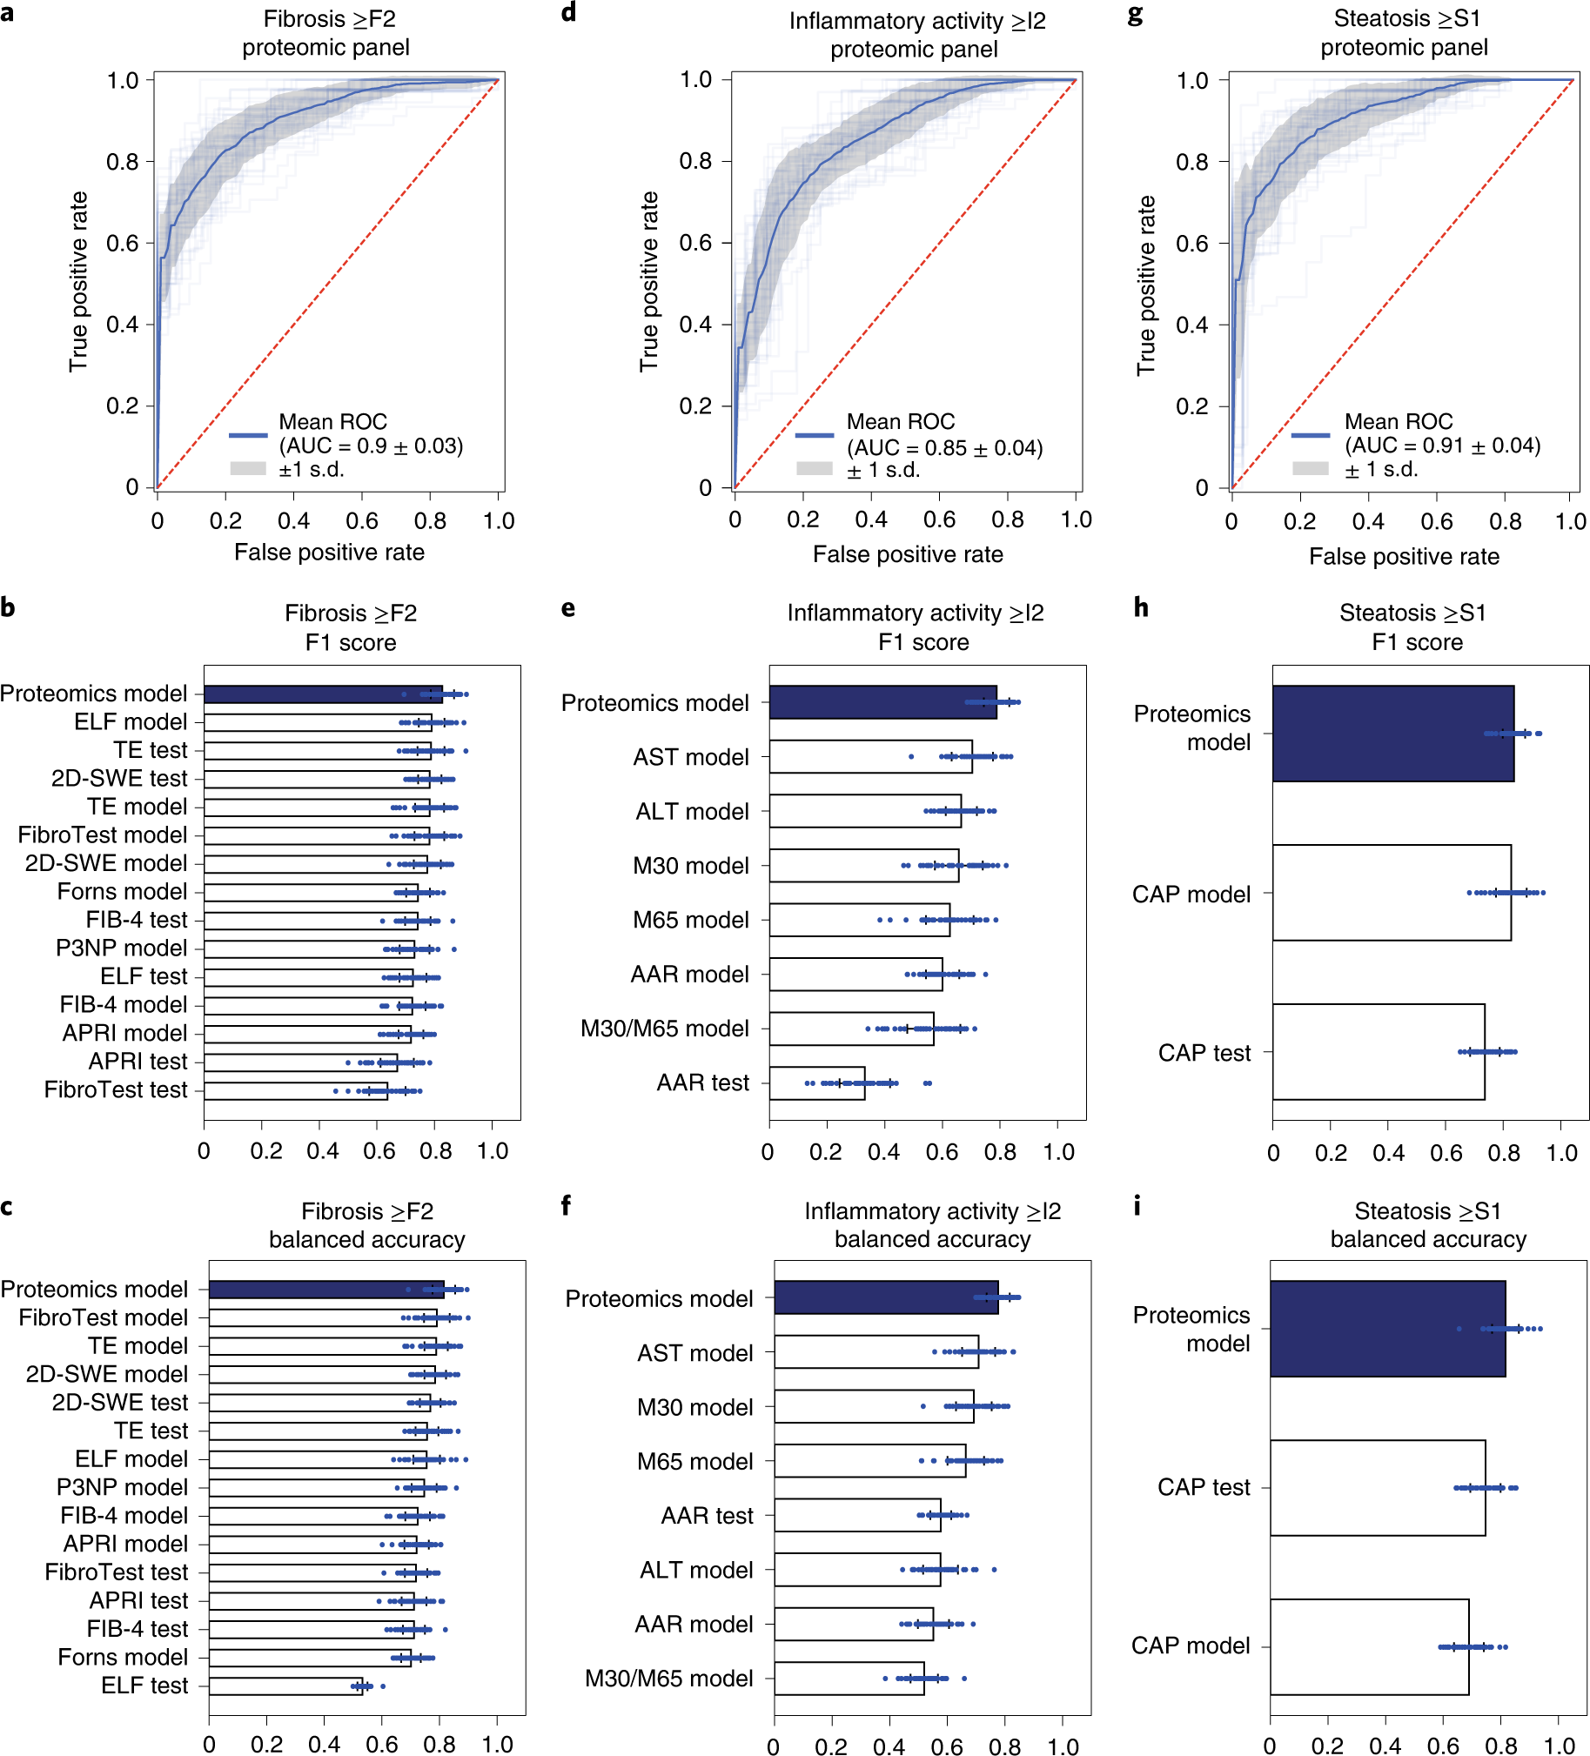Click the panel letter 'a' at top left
click(x=7, y=15)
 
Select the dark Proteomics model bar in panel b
click(x=322, y=694)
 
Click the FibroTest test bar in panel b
click(x=295, y=1090)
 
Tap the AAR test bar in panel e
click(x=816, y=1082)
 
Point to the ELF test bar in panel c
click(x=285, y=1686)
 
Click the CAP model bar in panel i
click(x=1369, y=1646)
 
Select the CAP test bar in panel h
click(x=1379, y=1052)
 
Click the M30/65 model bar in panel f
click(x=849, y=1679)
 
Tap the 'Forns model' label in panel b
click(x=122, y=892)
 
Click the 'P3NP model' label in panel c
click(x=122, y=1488)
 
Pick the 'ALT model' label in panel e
click(x=692, y=812)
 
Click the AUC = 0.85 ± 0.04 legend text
click(x=944, y=448)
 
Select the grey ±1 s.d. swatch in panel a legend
click(x=247, y=469)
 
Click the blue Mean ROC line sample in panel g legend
click(x=1310, y=434)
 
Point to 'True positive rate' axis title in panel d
click(x=649, y=281)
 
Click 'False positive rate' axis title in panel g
click(x=1404, y=557)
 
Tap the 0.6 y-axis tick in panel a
click(x=123, y=243)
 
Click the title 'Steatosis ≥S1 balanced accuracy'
click(x=1428, y=1224)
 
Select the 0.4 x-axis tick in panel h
click(x=1389, y=1153)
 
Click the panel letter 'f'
click(x=567, y=1205)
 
